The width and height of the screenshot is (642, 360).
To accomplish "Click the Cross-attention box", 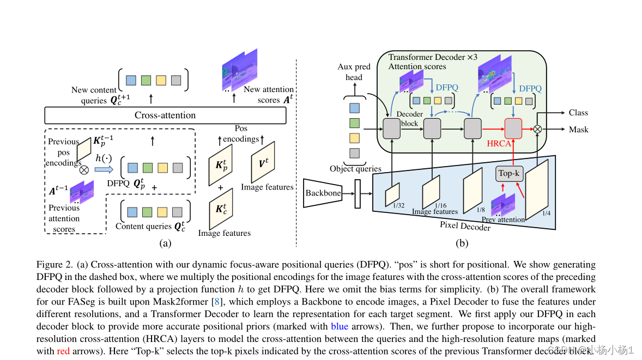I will coord(165,115).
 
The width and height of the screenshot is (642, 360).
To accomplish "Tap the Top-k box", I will coord(510,173).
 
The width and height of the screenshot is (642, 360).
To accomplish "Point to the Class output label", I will coord(578,113).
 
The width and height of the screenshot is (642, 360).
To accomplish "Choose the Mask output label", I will coord(578,130).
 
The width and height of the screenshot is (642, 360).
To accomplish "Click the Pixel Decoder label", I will coord(465,225).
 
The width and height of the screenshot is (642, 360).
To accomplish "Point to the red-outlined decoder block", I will coord(513,129).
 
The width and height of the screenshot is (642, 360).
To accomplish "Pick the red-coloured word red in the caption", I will coord(63,351).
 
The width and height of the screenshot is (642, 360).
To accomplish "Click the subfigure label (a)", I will coord(166,243).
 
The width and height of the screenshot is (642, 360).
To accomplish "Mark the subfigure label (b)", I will coord(463,243).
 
